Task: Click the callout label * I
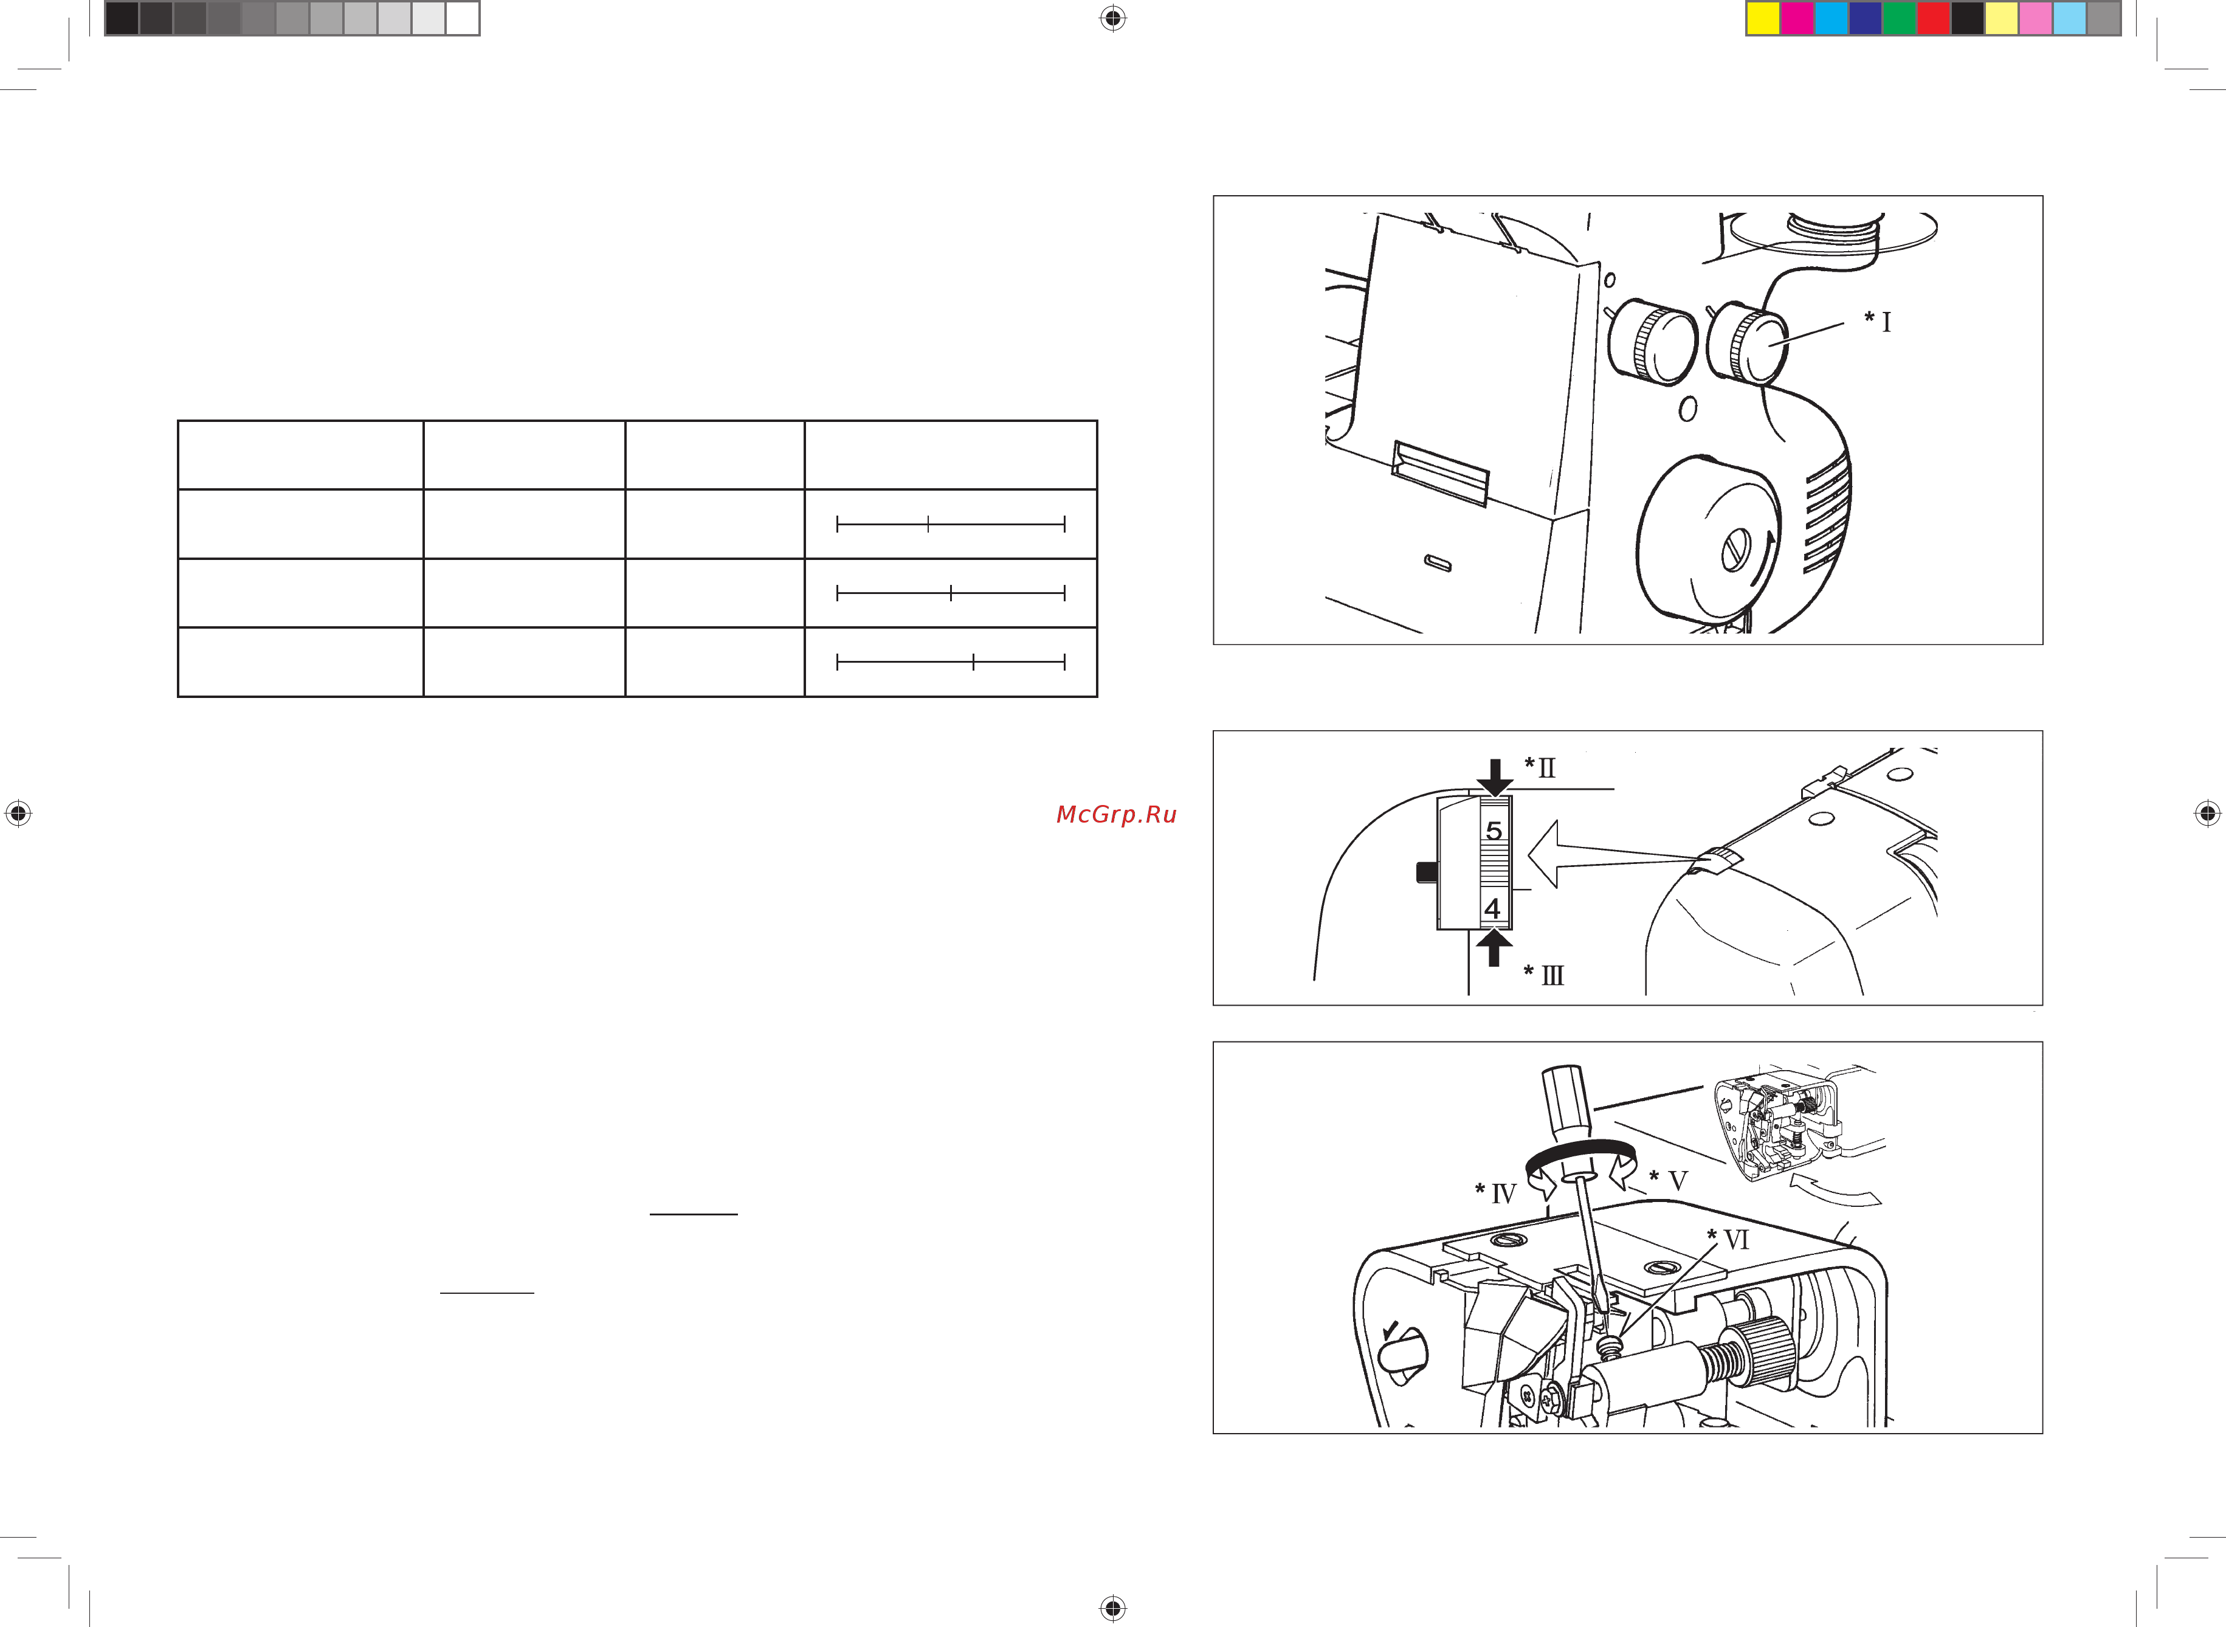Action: [x=1878, y=321]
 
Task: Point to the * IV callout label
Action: [x=1495, y=1193]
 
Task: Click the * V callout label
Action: [x=1669, y=1181]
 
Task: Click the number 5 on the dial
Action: [x=1494, y=831]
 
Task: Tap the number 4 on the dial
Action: [x=1492, y=908]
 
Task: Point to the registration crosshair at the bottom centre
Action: [x=1112, y=1608]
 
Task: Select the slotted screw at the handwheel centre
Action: [x=1735, y=550]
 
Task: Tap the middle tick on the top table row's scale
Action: [x=928, y=525]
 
